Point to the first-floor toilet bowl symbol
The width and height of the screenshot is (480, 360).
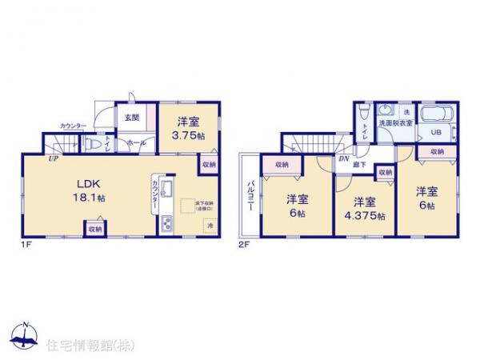click(94, 145)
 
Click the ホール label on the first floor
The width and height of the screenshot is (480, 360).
click(136, 143)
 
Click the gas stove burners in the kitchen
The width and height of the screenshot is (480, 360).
click(168, 222)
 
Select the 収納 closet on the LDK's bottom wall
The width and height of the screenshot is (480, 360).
click(95, 229)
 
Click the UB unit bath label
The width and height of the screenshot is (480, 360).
click(437, 133)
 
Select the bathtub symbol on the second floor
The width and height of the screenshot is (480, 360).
click(436, 114)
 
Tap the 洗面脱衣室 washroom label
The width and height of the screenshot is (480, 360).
click(396, 123)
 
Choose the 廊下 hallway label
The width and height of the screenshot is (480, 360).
click(362, 164)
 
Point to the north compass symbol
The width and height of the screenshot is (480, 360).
click(24, 335)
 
